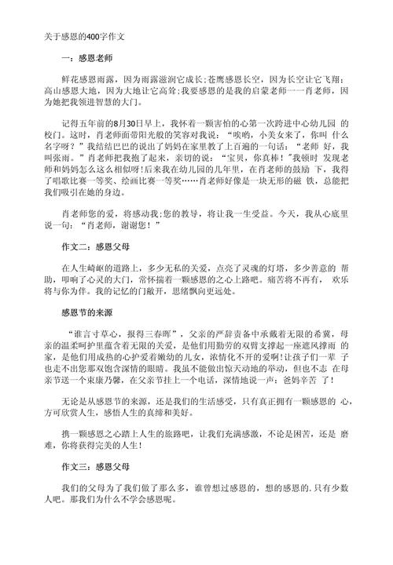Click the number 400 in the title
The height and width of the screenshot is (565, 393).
91,36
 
